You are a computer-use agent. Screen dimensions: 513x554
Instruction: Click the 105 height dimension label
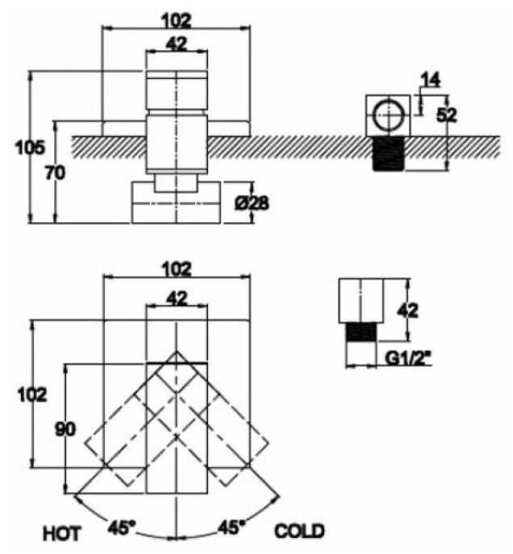click(30, 147)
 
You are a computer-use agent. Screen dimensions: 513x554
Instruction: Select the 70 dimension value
click(55, 173)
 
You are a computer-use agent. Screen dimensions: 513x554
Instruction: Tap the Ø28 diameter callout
click(252, 204)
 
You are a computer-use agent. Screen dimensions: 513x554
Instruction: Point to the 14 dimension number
click(431, 80)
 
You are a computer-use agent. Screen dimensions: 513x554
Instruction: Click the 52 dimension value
click(446, 115)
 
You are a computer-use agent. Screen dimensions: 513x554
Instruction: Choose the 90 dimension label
click(65, 430)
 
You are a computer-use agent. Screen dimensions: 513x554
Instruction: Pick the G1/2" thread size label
click(409, 358)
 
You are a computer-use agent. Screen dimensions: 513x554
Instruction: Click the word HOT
click(62, 534)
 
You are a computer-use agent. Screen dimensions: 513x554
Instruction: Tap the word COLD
click(299, 531)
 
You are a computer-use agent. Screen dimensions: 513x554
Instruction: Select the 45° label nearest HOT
click(121, 528)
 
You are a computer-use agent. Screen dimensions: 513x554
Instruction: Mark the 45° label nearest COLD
click(231, 527)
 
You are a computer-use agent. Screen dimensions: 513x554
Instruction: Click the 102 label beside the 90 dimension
click(32, 394)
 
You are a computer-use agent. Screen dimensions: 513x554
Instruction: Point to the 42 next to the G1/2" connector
click(408, 311)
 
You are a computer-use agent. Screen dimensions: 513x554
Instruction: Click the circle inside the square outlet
click(388, 115)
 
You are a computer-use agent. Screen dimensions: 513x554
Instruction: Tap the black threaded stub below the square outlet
click(389, 154)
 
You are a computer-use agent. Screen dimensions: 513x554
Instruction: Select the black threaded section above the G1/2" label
click(361, 332)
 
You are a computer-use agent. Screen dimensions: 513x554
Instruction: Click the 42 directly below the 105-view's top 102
click(177, 44)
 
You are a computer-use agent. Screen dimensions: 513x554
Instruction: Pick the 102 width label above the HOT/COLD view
click(177, 269)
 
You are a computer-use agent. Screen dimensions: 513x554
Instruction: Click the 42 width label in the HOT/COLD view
click(177, 299)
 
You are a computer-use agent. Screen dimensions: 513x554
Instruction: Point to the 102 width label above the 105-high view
click(177, 20)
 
